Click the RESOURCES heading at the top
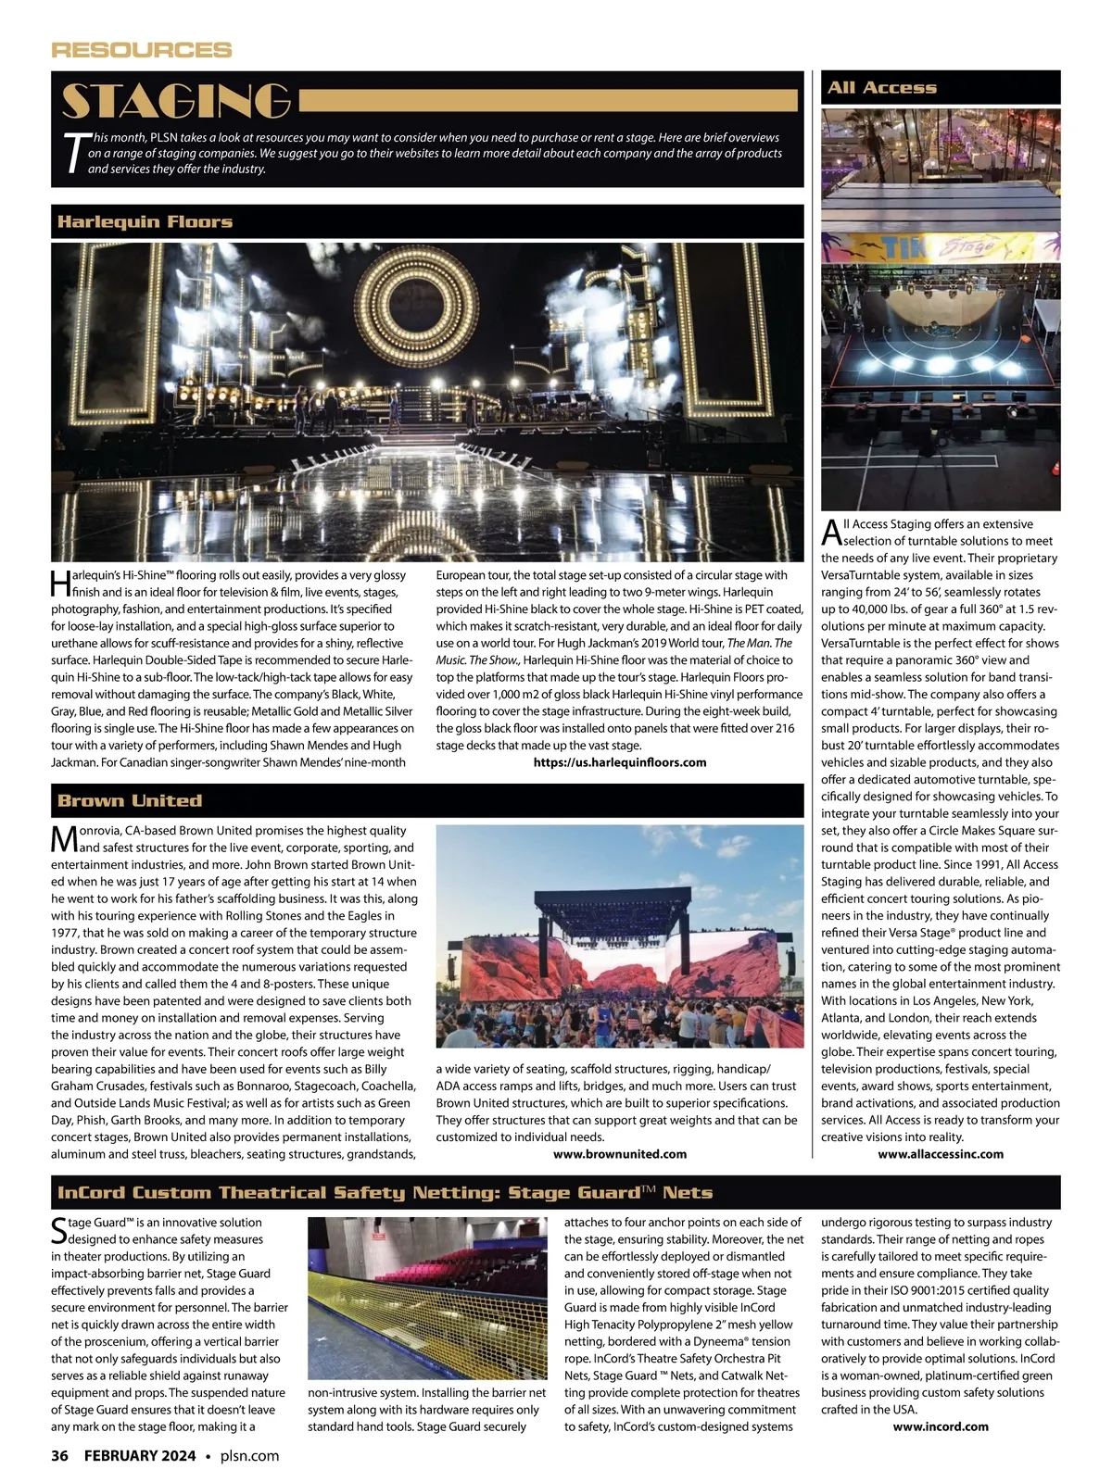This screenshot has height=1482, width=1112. [x=141, y=50]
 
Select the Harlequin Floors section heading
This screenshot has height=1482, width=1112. [x=145, y=221]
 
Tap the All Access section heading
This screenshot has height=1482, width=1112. [x=881, y=88]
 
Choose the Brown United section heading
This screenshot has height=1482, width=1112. [x=129, y=800]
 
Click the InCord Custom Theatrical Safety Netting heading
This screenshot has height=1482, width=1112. [x=385, y=1192]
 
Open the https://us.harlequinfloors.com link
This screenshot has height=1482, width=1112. [x=620, y=762]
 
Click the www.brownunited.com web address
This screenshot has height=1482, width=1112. [x=619, y=1153]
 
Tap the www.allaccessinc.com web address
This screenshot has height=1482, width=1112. [x=940, y=1153]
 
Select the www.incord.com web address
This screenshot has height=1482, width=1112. [x=940, y=1426]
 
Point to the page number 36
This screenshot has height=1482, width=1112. [x=60, y=1455]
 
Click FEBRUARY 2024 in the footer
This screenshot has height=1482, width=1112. [x=140, y=1455]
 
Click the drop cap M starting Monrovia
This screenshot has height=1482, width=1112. [x=65, y=838]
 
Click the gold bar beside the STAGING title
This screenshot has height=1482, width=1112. [x=549, y=101]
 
